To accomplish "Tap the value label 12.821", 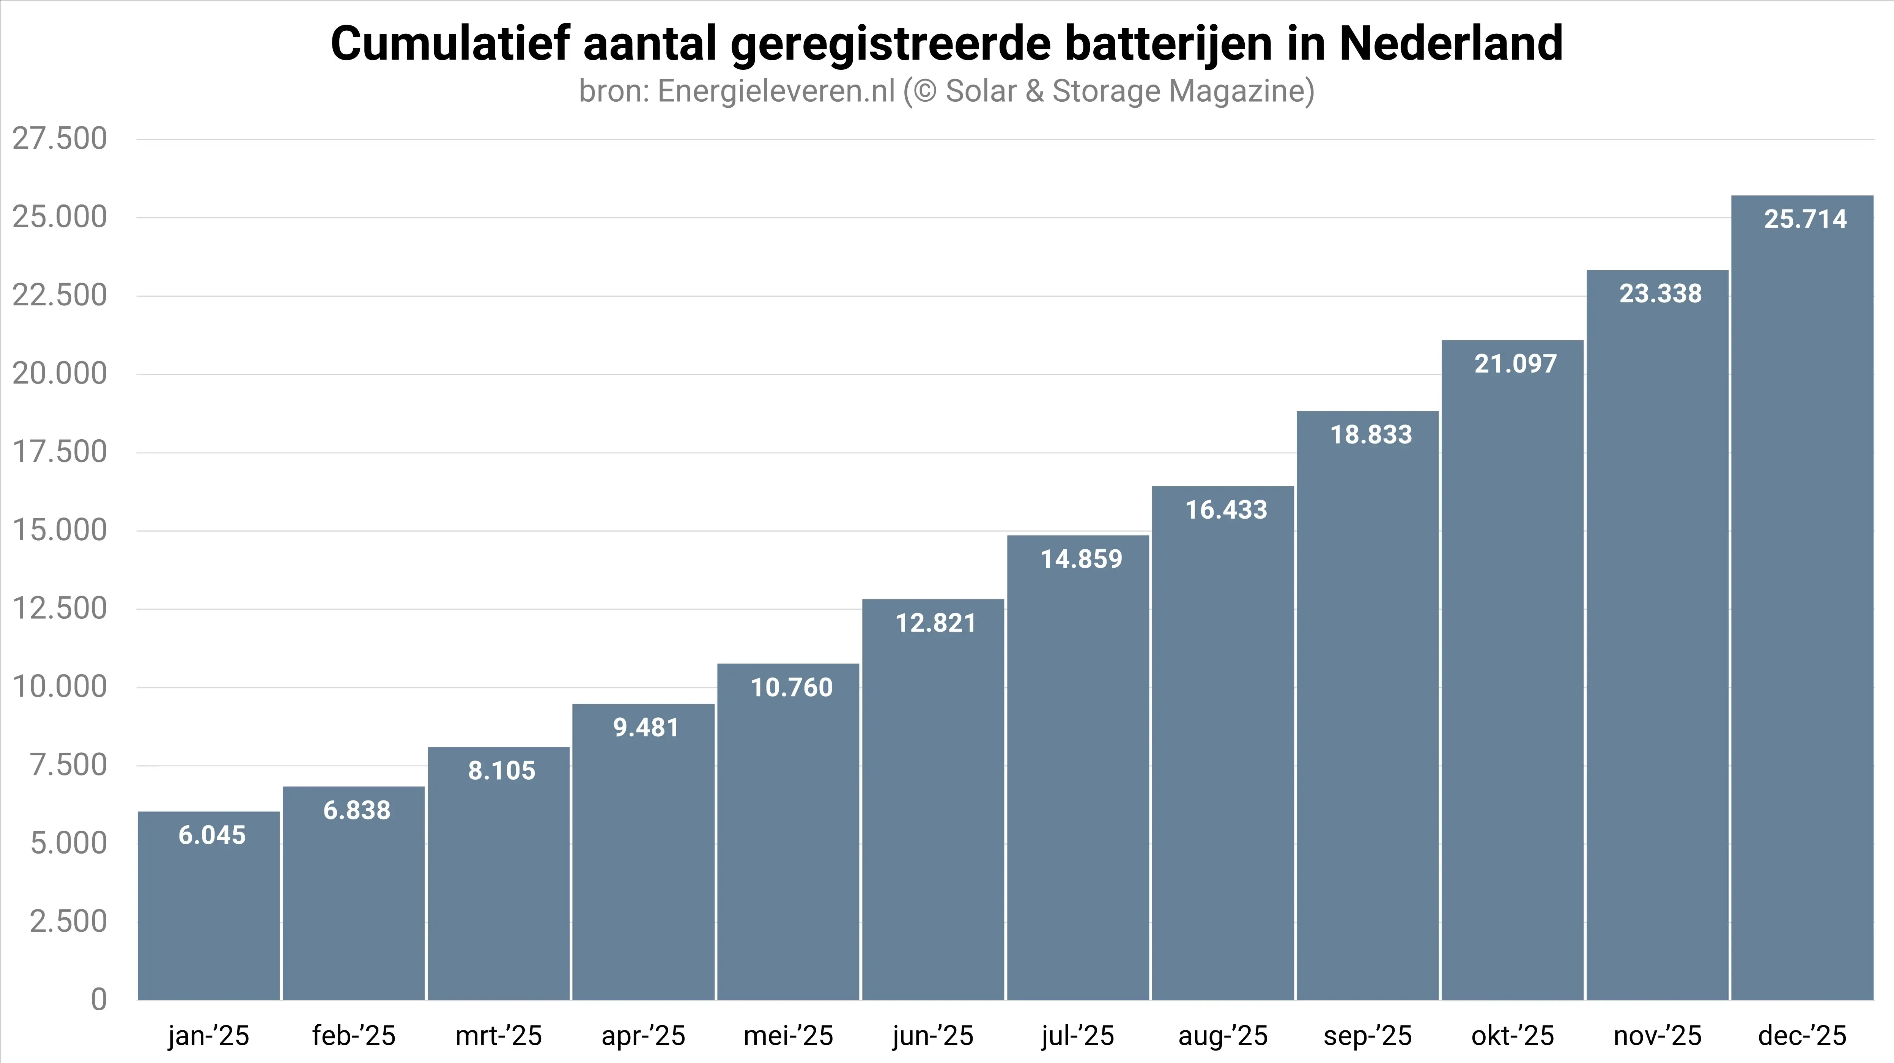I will point(935,623).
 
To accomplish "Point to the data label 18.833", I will point(1371,434).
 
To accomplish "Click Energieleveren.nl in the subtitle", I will point(776,91).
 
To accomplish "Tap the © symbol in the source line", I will point(924,91).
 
